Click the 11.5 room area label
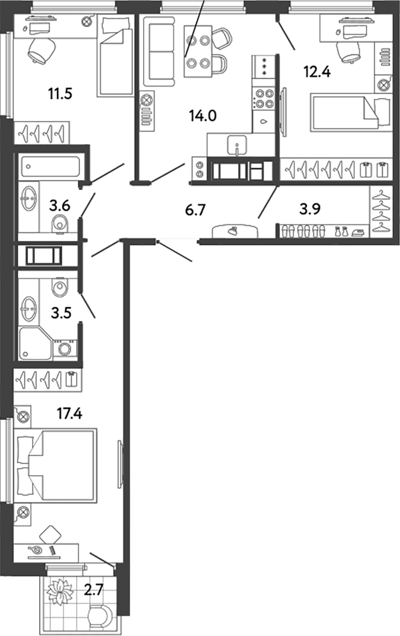pos(60,94)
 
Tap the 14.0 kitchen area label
pos(203,116)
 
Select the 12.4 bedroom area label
pos(317,72)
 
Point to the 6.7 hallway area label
pos(196,211)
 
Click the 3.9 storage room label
pos(310,209)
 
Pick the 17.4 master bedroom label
pos(70,414)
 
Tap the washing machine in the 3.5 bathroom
pos(65,348)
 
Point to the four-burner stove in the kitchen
pos(264,98)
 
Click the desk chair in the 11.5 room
pos(42,50)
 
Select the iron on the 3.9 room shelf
pos(360,232)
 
